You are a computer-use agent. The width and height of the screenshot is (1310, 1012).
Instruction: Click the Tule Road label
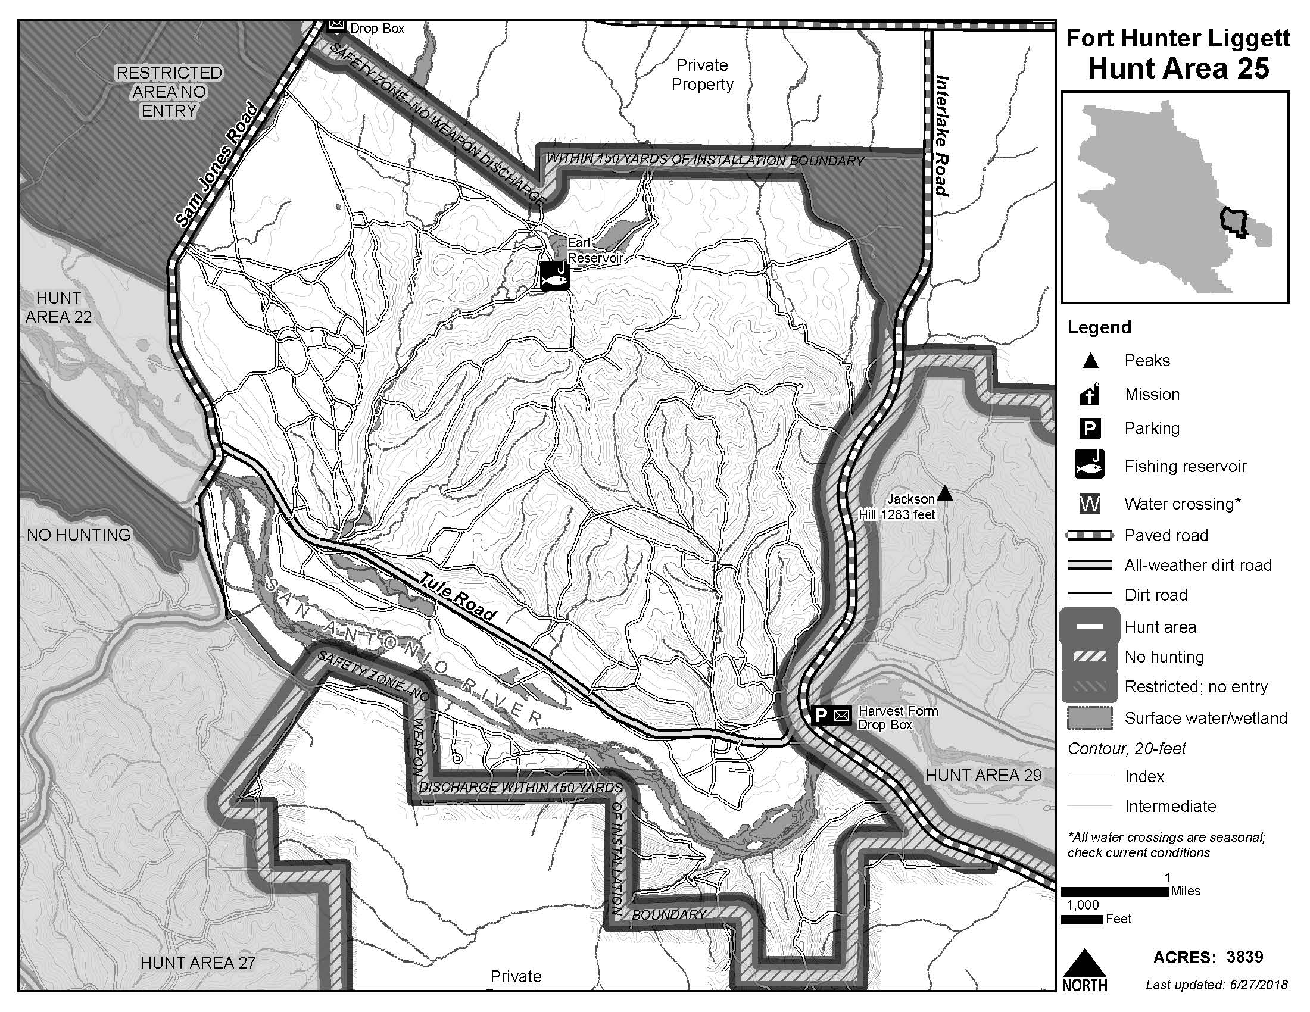tap(458, 597)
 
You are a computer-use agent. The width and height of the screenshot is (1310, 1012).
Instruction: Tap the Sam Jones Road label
tap(217, 166)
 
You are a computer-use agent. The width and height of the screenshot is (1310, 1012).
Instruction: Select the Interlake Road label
tap(943, 136)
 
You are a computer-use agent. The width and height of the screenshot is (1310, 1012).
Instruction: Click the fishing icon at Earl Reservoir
tap(554, 276)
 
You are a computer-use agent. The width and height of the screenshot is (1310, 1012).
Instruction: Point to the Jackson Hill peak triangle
tap(945, 493)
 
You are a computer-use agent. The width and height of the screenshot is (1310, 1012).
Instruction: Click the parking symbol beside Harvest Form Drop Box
tap(821, 715)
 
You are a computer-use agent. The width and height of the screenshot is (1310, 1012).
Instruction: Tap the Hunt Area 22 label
tap(58, 307)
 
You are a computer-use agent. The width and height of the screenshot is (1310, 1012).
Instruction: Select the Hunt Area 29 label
tap(983, 775)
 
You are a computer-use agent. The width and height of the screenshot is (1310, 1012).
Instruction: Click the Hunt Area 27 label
tap(198, 962)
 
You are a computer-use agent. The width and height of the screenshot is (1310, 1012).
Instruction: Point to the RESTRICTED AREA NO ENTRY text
tap(169, 92)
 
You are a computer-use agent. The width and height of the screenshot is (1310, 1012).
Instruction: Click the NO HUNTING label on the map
tap(79, 535)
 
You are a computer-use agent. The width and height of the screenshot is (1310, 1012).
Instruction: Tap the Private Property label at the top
tap(702, 74)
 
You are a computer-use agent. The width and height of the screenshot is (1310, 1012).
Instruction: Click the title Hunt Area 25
tap(1178, 68)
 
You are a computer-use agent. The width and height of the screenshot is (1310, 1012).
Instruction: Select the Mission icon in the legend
tap(1089, 394)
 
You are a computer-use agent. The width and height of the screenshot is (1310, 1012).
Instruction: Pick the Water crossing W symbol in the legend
tap(1089, 504)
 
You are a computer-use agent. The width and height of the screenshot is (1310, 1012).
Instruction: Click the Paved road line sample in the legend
tap(1089, 535)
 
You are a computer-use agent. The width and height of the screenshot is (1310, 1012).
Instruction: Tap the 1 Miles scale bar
tap(1115, 892)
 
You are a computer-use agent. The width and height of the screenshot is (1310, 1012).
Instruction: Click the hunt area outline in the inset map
tap(1234, 223)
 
